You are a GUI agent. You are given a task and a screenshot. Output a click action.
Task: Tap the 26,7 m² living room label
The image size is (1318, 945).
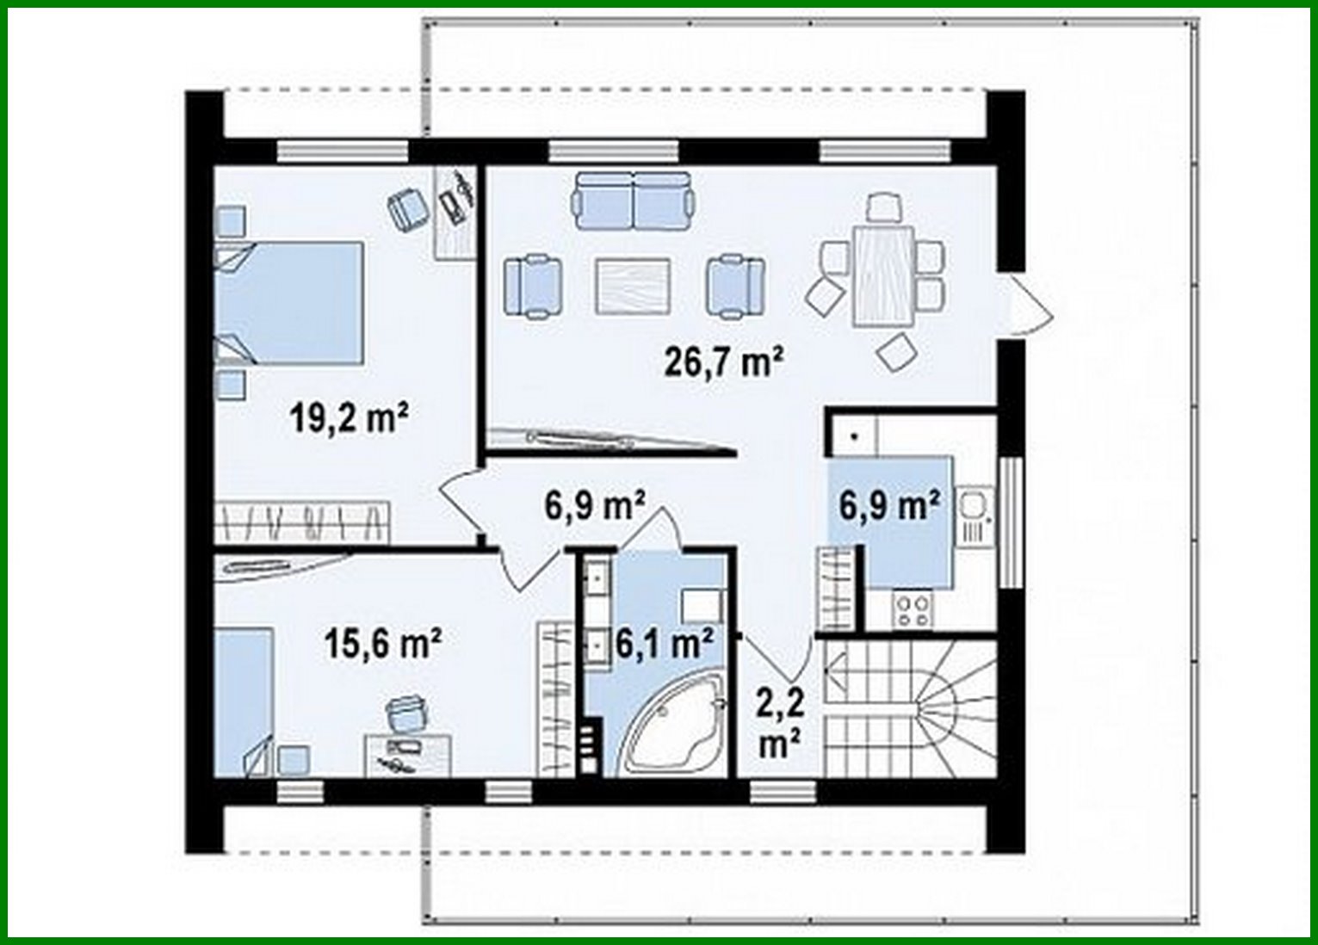(723, 361)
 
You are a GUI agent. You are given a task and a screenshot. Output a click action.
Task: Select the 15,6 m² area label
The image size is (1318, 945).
(383, 643)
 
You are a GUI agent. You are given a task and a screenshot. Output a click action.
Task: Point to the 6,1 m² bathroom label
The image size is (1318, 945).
(664, 643)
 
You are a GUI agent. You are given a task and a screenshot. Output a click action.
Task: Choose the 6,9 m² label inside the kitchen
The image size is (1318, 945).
(889, 506)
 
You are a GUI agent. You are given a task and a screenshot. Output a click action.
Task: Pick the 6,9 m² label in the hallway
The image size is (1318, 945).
(595, 506)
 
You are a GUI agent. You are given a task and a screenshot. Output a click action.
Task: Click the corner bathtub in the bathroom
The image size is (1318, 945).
(671, 727)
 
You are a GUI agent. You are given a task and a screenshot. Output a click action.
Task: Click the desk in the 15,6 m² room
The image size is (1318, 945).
(408, 755)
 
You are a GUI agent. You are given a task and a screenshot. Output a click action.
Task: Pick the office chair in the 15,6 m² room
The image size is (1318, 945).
(406, 713)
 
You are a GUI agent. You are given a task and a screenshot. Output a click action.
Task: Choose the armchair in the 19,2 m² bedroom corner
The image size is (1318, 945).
(408, 207)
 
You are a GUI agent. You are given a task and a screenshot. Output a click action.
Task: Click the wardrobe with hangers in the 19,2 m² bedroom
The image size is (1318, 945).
(301, 522)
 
